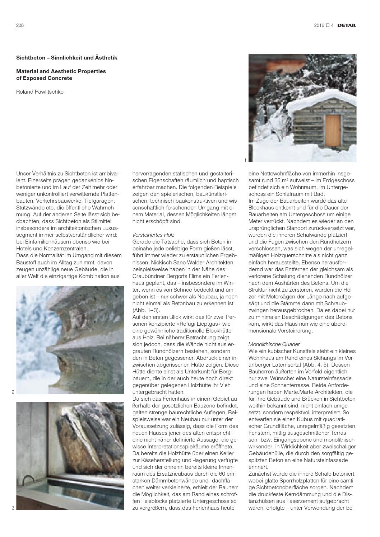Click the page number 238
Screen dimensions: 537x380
coord(20,25)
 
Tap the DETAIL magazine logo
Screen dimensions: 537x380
coord(347,25)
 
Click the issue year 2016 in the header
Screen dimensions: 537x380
coord(319,25)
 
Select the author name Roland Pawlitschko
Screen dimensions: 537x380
coord(40,91)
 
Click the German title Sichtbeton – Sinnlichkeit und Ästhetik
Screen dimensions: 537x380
coord(67,57)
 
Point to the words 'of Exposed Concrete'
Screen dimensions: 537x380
coord(44,78)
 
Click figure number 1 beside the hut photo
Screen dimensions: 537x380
coord(245,160)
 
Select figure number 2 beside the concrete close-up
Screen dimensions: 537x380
coord(13,392)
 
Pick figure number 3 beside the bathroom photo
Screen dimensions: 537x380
coord(13,508)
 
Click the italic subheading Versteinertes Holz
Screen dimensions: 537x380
coord(153,235)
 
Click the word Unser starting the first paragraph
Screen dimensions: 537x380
coord(23,174)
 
